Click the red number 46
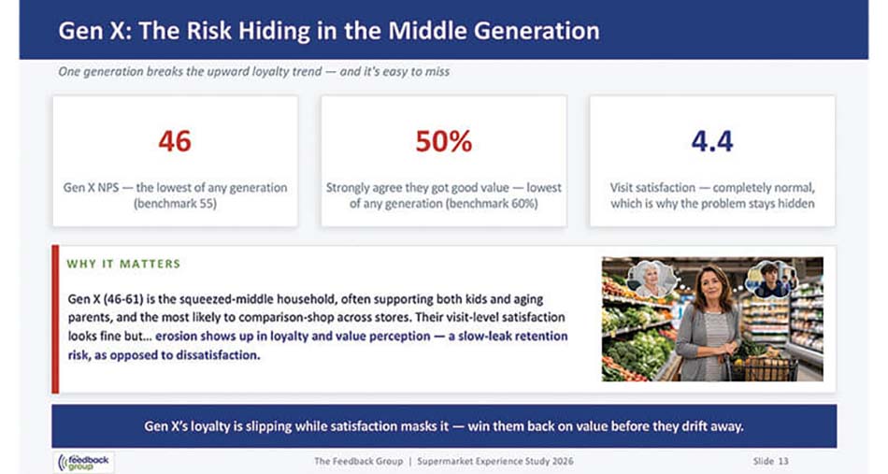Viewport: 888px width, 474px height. click(x=175, y=141)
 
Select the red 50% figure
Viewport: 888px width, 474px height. click(x=443, y=141)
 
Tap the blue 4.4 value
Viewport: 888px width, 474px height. click(x=712, y=141)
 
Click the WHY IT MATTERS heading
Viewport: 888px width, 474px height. click(x=123, y=264)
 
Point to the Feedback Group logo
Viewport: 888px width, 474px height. click(x=84, y=462)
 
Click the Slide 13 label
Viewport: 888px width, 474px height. click(x=770, y=462)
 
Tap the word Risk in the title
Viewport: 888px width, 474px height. click(x=209, y=31)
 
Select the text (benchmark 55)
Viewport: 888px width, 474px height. click(x=175, y=203)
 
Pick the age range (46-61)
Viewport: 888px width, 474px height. click(x=122, y=299)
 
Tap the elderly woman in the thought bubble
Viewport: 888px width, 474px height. click(x=652, y=278)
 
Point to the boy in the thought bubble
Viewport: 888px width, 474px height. click(x=770, y=278)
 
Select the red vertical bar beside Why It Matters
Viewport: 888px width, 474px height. click(x=55, y=319)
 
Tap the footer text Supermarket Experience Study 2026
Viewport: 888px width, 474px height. click(x=495, y=462)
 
